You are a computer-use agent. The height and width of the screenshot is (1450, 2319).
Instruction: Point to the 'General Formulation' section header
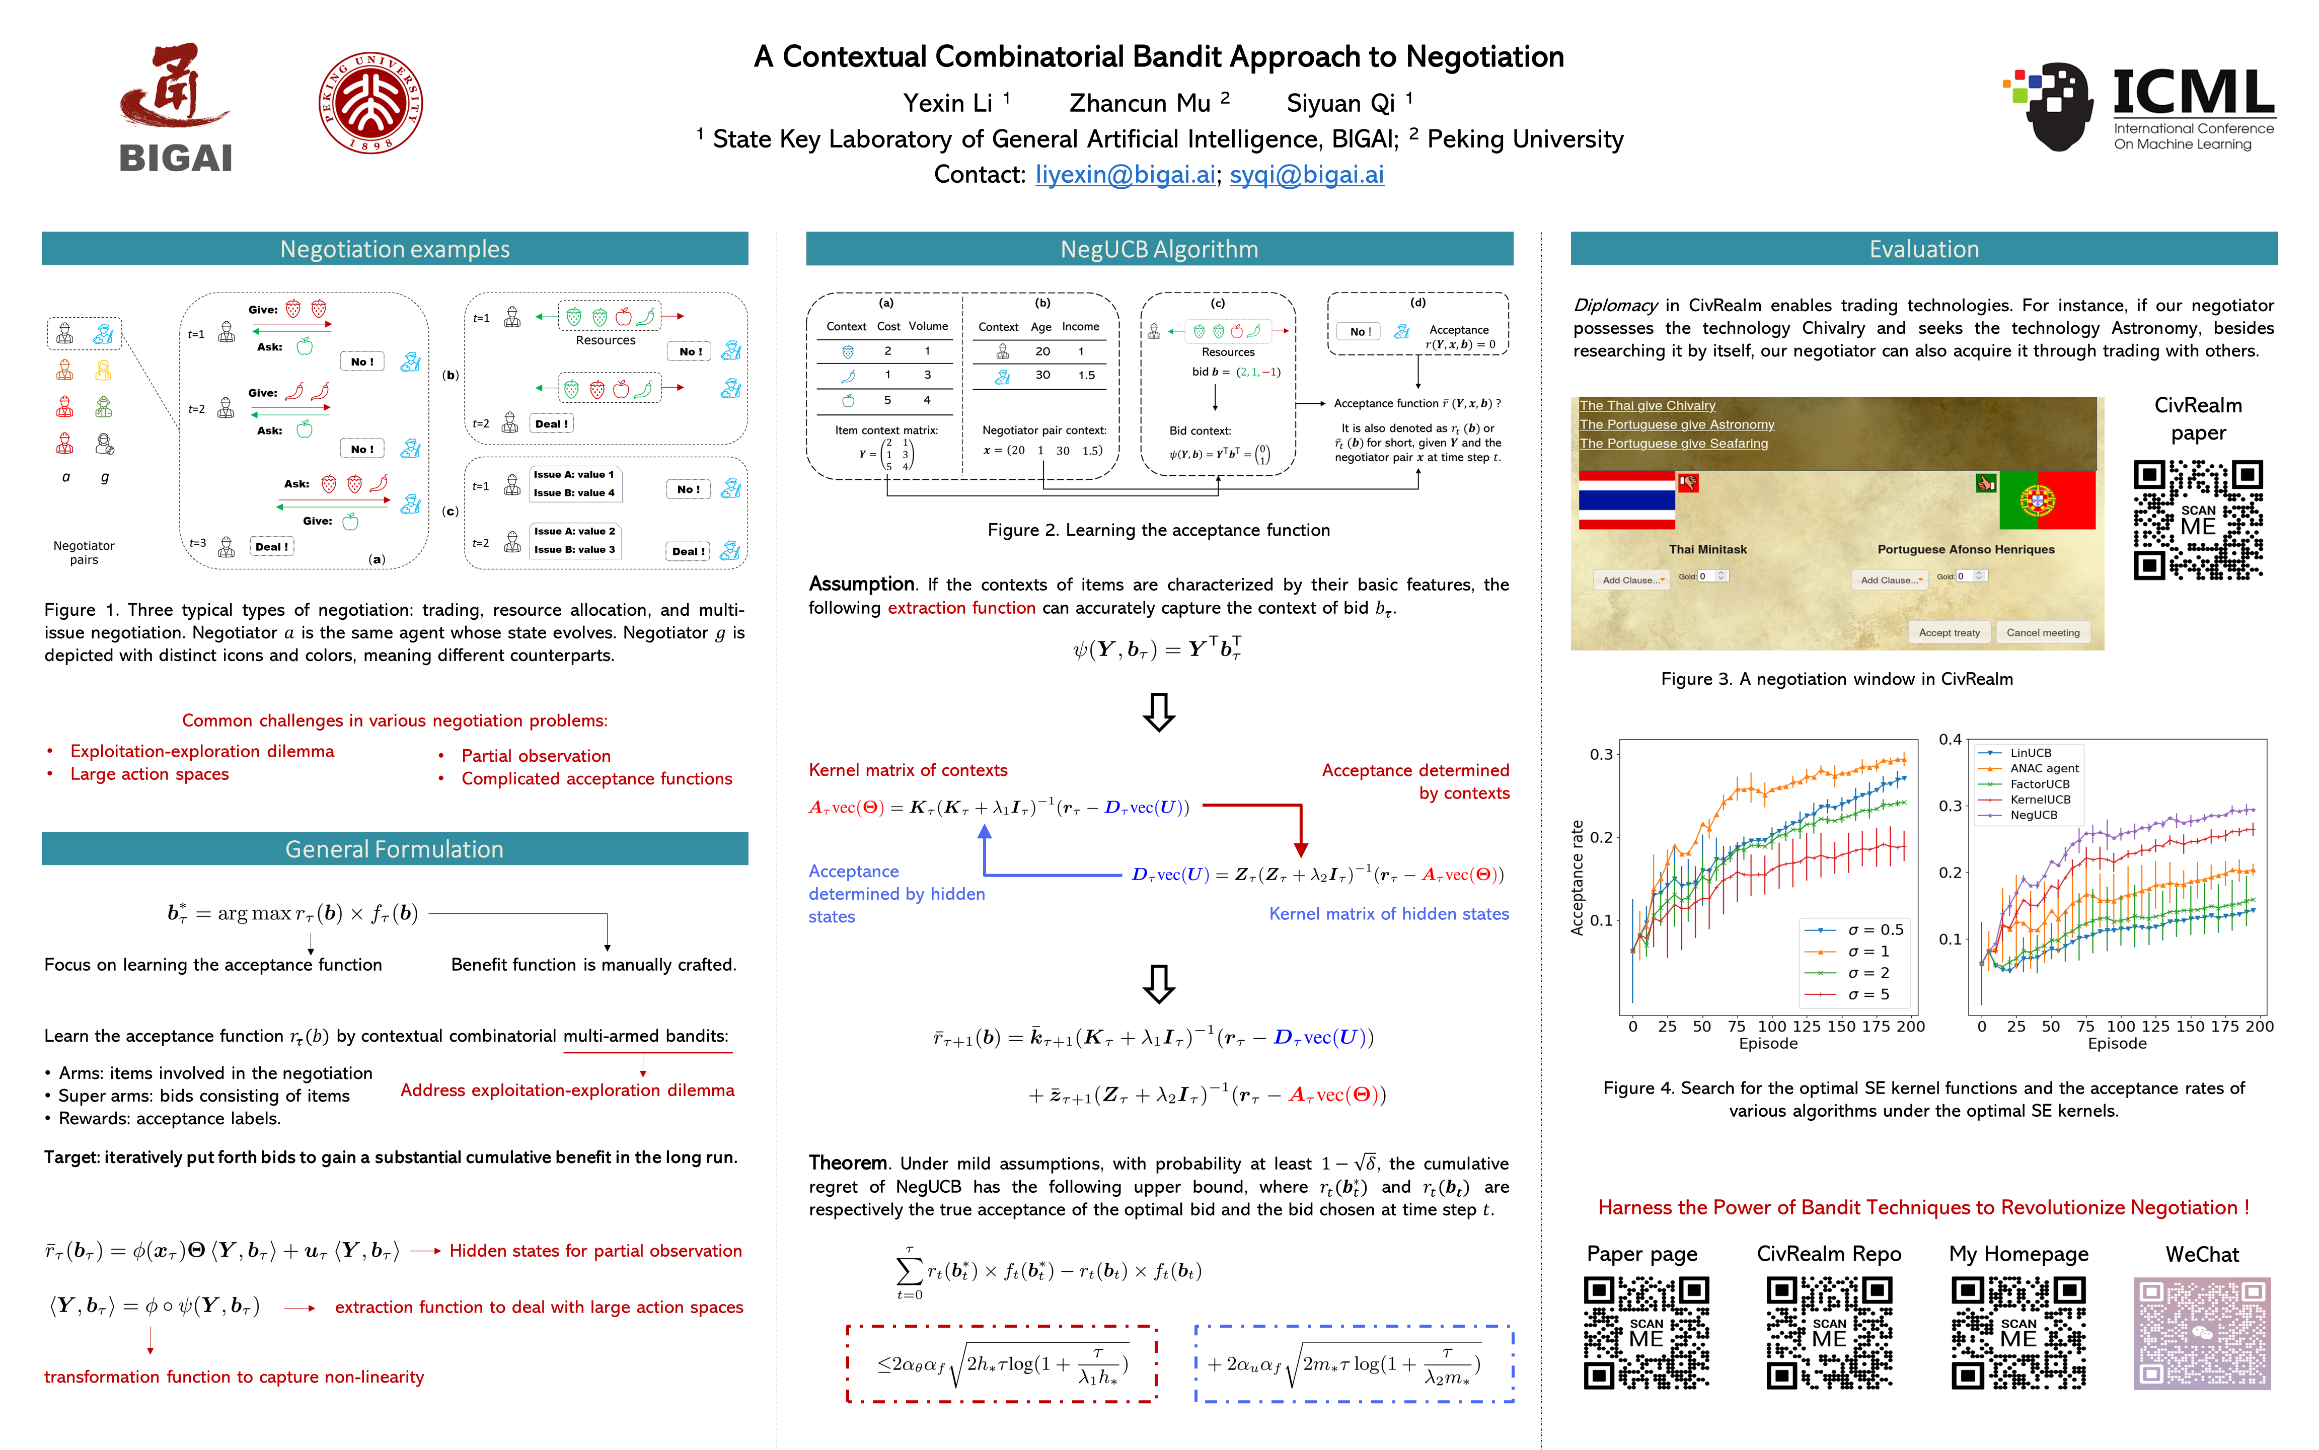pos(394,849)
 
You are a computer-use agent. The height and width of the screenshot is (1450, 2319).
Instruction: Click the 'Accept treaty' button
pos(1948,632)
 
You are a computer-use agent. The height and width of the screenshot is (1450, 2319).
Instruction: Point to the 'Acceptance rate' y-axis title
pos(1577,878)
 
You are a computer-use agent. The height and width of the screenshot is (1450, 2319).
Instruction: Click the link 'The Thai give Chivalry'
pos(1647,406)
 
